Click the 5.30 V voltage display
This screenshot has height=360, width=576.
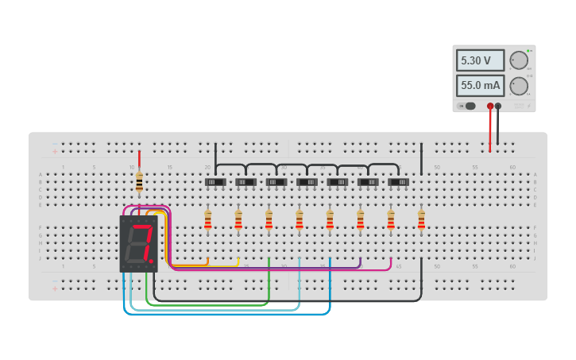coord(480,60)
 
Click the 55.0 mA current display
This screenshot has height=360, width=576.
coord(480,85)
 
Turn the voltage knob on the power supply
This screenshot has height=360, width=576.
coord(519,60)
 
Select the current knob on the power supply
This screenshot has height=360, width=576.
coord(519,86)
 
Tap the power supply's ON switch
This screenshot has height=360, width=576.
coord(467,106)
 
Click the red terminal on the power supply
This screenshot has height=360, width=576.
coord(490,106)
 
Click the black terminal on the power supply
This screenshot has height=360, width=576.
coord(498,106)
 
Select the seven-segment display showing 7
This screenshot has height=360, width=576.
coord(139,243)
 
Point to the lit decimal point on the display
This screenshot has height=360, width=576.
coord(151,260)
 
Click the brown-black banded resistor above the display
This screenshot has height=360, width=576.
coord(139,182)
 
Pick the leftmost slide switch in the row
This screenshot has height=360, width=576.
coord(215,182)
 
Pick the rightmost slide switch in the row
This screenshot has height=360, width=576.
coord(399,182)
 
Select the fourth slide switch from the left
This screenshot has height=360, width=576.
coord(307,182)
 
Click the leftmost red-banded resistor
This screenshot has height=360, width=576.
coord(208,220)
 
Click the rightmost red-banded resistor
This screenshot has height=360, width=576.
coord(421,220)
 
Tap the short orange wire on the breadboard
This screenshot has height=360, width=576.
coord(191,264)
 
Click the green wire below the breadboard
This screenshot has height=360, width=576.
coord(207,304)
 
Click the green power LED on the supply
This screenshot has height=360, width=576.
coord(527,50)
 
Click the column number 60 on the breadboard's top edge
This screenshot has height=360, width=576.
coord(512,168)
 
